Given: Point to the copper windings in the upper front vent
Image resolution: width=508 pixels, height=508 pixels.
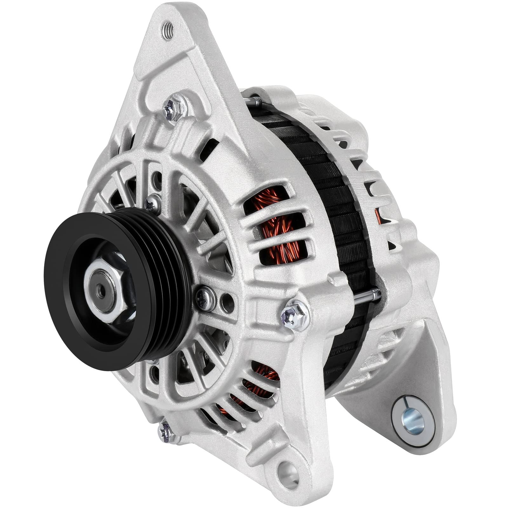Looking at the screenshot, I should tap(279, 229).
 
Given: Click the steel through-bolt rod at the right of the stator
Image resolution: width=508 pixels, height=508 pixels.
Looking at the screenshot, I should tap(368, 294).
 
